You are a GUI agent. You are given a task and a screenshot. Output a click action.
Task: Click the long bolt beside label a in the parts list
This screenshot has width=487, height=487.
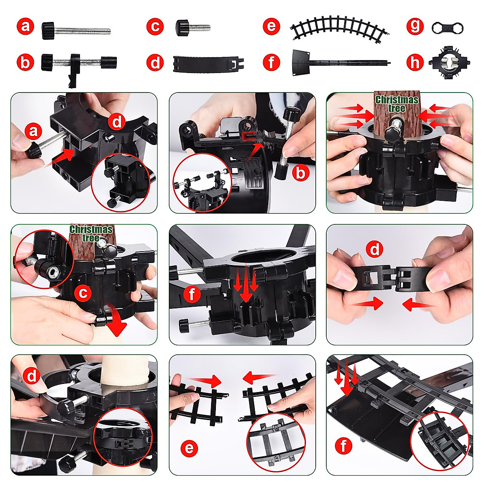[x=76, y=30]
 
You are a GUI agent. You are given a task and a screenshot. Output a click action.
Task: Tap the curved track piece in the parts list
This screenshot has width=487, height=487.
[x=340, y=28]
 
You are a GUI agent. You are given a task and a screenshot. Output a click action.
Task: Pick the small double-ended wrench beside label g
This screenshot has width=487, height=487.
[x=447, y=28]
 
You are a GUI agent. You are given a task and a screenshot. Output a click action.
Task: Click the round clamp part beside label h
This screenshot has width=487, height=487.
[x=449, y=62]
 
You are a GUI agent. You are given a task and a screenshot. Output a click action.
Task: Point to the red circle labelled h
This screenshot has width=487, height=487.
[x=415, y=62]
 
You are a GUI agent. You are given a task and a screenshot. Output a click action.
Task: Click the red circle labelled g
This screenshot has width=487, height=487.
[x=415, y=26]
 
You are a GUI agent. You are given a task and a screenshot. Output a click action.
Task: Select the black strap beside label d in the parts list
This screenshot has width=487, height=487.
[x=209, y=64]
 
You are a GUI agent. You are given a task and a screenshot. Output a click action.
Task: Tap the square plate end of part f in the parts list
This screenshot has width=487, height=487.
[x=301, y=62]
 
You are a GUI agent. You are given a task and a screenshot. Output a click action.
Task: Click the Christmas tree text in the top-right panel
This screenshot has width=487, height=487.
[x=396, y=104]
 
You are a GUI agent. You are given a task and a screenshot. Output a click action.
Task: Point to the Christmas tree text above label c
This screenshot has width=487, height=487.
[x=91, y=233]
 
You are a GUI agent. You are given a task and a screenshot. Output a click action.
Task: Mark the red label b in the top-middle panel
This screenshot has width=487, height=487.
[x=301, y=173]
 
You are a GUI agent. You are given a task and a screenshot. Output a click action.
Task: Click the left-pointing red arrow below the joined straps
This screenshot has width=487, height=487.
[x=418, y=304]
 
